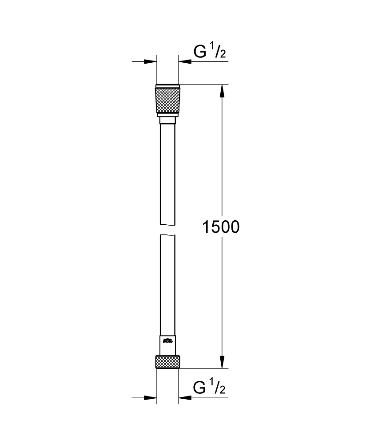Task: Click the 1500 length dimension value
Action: click(x=221, y=227)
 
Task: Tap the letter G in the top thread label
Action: click(x=200, y=52)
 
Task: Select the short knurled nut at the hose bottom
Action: click(x=167, y=361)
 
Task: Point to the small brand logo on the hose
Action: click(x=167, y=341)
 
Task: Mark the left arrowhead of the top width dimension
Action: click(x=151, y=61)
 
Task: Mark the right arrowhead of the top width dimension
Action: click(x=185, y=61)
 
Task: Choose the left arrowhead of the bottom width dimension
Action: click(x=151, y=398)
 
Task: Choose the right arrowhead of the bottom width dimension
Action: click(x=185, y=398)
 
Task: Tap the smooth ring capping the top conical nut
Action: click(x=167, y=85)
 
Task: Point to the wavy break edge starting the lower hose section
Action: click(x=167, y=236)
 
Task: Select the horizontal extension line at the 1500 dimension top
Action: click(x=204, y=84)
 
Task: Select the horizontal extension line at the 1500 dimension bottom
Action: click(x=204, y=368)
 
